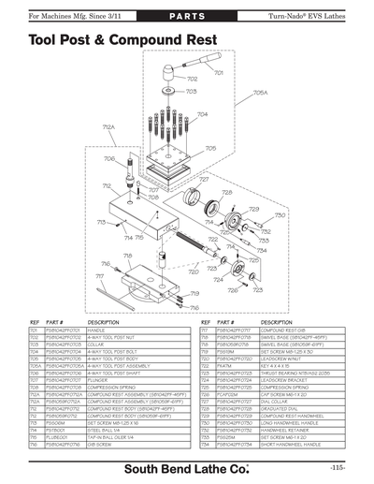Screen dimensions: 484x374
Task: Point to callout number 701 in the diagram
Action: click(218, 72)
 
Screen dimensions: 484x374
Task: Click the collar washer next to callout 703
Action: click(167, 93)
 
